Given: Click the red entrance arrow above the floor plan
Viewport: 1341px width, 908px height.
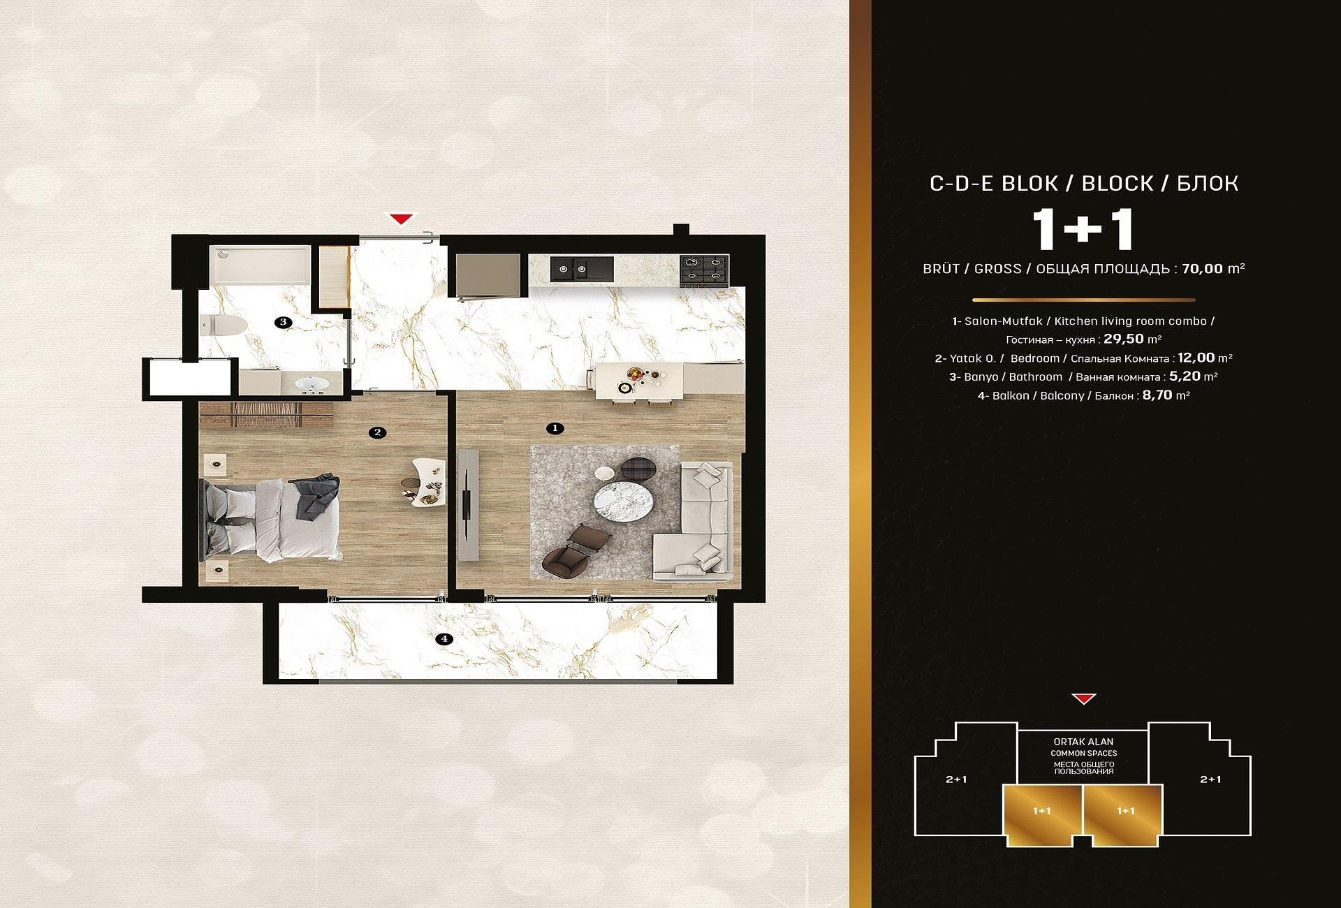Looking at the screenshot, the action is point(401,219).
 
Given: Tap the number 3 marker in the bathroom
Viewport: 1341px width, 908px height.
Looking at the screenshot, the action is point(282,322).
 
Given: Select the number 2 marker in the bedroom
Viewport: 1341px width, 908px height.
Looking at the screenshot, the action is point(377,432).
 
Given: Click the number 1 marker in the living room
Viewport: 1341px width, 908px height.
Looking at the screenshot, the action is point(555,428).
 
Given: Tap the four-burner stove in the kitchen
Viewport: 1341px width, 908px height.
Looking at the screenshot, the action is point(704,270).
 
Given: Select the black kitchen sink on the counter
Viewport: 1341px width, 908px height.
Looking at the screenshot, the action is point(582,269).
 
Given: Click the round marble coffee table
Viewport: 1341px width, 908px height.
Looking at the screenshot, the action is point(624,501).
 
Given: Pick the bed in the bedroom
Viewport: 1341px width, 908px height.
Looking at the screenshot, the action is point(271,518).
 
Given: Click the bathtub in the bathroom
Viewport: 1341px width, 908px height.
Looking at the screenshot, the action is point(260,265).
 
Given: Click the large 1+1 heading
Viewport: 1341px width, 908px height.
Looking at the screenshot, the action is point(1083,230).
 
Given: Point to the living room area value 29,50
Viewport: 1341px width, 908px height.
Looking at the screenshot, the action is point(1124,339).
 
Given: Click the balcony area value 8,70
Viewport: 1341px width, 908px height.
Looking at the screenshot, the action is point(1157,395).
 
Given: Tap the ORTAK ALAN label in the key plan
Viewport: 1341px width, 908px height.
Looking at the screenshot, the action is point(1083,742).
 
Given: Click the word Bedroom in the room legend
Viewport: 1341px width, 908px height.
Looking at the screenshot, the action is point(1034,358).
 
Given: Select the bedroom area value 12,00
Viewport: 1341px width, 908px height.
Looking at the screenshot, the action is point(1196,358).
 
